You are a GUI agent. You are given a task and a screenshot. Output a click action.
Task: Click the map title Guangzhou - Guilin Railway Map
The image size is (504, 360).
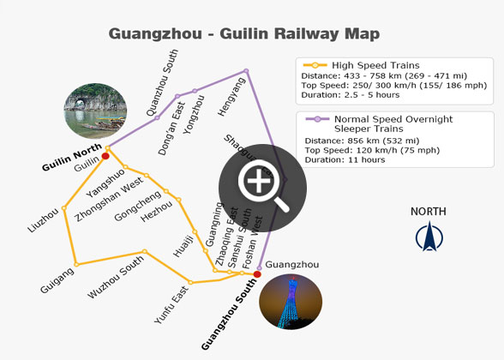(x=243, y=34)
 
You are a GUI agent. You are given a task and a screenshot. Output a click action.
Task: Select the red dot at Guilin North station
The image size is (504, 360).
(x=105, y=156)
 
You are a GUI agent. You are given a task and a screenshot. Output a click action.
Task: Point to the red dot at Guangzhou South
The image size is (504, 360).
(x=257, y=274)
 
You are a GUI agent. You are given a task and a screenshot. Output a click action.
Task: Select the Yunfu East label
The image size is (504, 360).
(x=171, y=304)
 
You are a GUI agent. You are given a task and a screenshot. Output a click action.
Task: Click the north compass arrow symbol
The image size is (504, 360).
(x=428, y=237)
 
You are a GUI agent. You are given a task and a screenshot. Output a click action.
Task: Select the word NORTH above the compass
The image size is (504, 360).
(x=428, y=212)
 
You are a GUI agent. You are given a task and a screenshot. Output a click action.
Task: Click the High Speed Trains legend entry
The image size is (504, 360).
(x=375, y=65)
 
